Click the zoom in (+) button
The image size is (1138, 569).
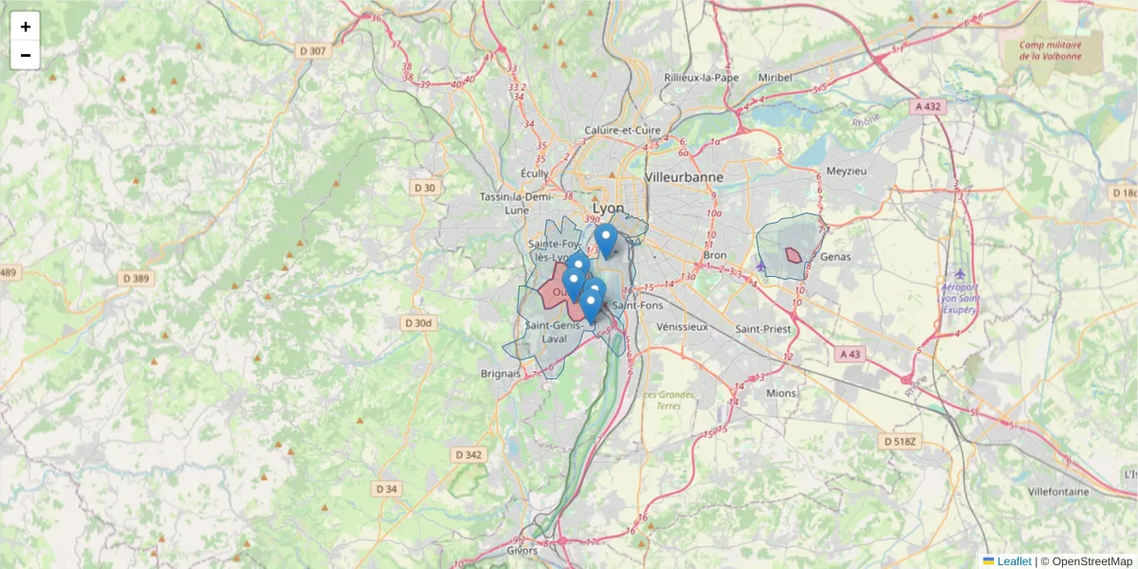[26, 28]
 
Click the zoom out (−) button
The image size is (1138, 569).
[26, 56]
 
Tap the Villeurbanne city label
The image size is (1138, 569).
[683, 177]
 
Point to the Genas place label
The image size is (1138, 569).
[836, 257]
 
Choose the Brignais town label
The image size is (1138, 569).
[500, 374]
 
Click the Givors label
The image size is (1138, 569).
[522, 550]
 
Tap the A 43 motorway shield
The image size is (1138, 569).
[851, 354]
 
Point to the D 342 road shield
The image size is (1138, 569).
[468, 455]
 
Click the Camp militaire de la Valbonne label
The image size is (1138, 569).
[1050, 50]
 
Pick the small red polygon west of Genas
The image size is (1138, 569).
[793, 254]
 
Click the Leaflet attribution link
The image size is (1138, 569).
[1013, 561]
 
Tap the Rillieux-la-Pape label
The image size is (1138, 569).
[701, 78]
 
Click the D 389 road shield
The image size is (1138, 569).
[136, 279]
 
